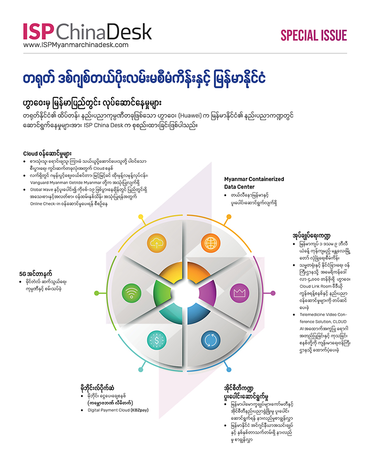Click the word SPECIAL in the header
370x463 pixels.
(298, 35)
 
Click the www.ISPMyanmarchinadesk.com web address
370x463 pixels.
(76, 45)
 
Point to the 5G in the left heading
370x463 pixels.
(24, 274)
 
